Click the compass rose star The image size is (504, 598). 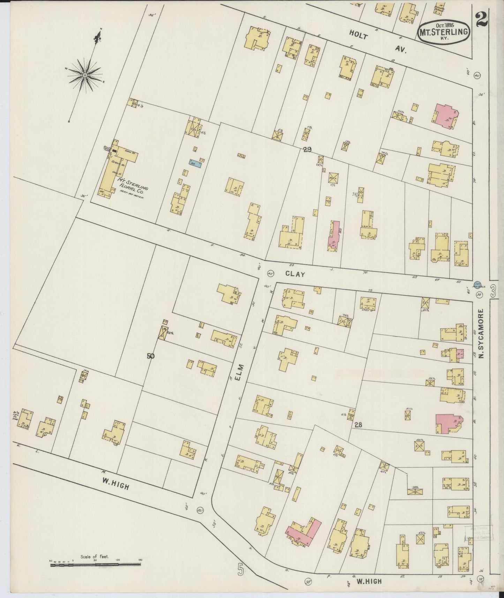pyautogui.click(x=85, y=75)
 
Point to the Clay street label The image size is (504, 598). pyautogui.click(x=295, y=274)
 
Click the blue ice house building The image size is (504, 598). pyautogui.click(x=196, y=162)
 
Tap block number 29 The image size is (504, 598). pyautogui.click(x=307, y=150)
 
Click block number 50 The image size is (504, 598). pyautogui.click(x=151, y=356)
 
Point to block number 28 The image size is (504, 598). pyautogui.click(x=358, y=425)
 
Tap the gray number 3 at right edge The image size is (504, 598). pyautogui.click(x=493, y=291)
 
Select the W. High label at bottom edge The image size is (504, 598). pyautogui.click(x=369, y=581)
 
